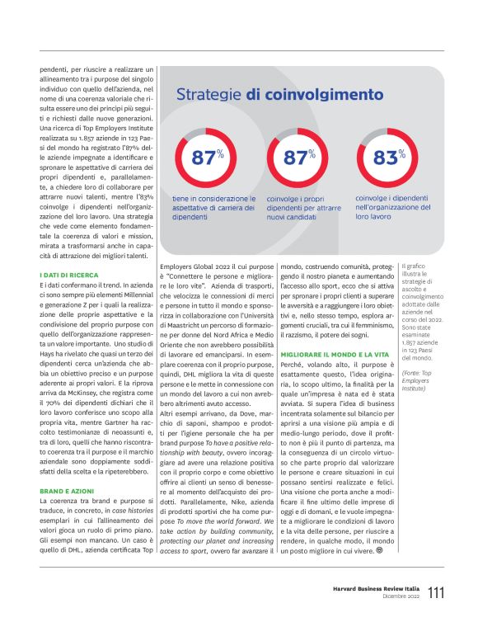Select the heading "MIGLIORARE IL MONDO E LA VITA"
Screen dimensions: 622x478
(x=337, y=376)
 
